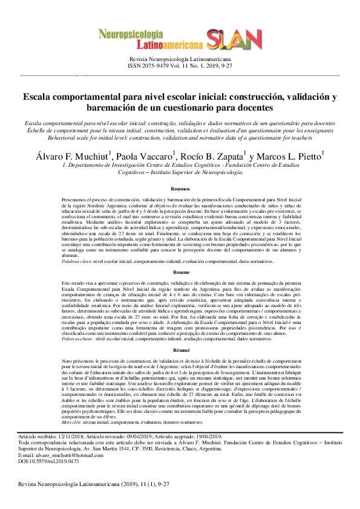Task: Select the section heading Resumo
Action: [180, 274]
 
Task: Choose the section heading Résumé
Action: [180, 350]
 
